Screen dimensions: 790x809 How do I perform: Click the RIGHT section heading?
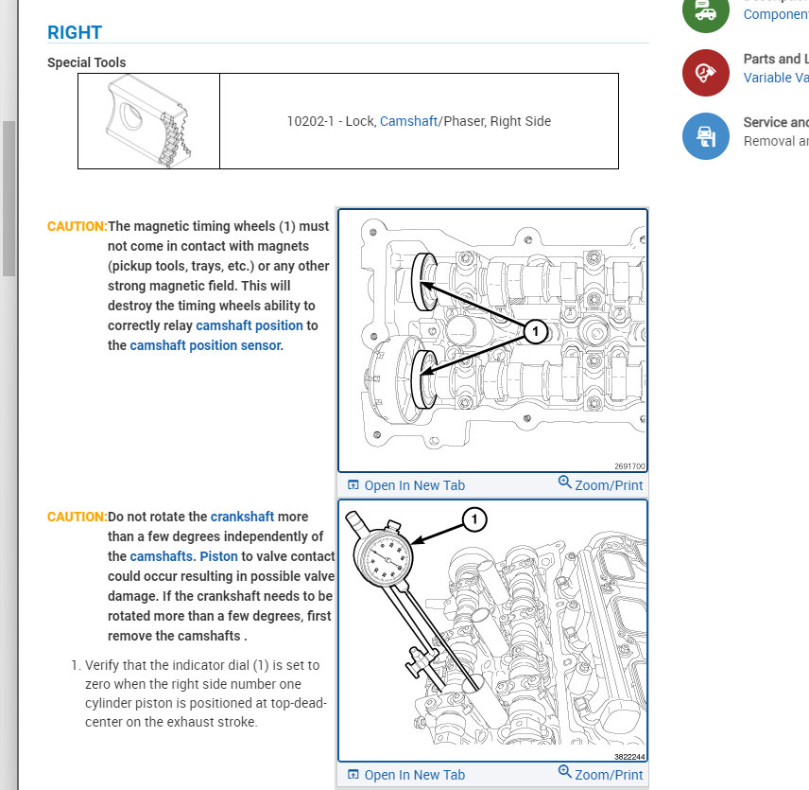pos(75,32)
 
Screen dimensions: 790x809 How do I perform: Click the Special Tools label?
pos(86,62)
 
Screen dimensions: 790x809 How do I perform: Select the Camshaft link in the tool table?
pos(408,121)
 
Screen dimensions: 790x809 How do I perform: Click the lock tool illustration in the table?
pos(148,121)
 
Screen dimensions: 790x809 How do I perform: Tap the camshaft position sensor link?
pos(205,345)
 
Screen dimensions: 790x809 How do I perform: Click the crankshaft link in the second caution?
pos(242,517)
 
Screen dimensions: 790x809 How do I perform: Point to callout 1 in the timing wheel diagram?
pos(535,331)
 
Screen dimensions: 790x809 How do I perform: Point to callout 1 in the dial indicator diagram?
pos(474,518)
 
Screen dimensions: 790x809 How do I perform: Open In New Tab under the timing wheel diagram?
pos(406,485)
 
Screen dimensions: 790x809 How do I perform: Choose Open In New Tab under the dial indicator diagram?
pos(406,775)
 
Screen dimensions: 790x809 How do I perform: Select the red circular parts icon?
pos(705,72)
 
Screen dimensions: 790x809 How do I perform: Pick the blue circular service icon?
pos(705,136)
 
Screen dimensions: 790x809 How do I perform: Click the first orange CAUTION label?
pos(77,226)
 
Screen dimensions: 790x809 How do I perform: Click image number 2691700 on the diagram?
pos(628,466)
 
